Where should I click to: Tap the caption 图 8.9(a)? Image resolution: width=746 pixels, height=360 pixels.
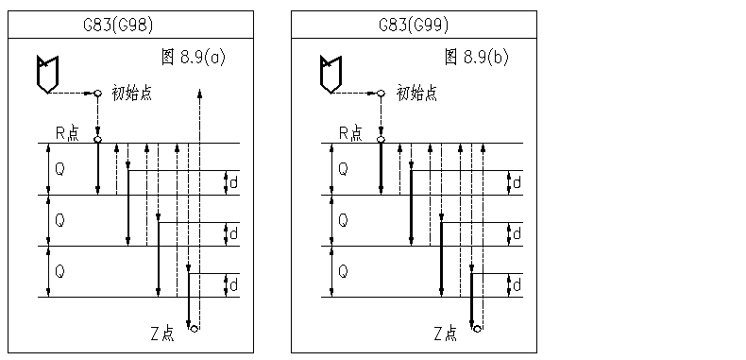(x=195, y=59)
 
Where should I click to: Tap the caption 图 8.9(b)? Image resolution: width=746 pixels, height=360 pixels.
(x=477, y=59)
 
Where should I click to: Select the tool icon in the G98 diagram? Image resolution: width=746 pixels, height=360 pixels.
(x=46, y=74)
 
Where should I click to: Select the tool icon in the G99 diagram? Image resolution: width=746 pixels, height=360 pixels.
(x=330, y=74)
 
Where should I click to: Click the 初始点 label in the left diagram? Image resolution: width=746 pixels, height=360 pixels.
(x=132, y=93)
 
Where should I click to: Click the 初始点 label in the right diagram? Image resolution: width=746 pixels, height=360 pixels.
(x=415, y=93)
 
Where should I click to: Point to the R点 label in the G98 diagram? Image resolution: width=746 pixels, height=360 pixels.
(x=66, y=133)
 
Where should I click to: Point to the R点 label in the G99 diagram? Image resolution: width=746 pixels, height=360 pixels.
(x=349, y=133)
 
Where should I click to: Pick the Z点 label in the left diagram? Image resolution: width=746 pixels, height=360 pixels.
(x=162, y=333)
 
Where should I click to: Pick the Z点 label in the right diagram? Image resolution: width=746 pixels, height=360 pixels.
(x=446, y=333)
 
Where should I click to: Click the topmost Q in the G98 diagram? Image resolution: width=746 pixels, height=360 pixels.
(x=59, y=170)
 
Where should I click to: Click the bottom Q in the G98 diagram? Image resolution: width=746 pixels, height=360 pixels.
(x=59, y=271)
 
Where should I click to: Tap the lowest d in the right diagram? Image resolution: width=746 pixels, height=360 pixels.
(x=517, y=284)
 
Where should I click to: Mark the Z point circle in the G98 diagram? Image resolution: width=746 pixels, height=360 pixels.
(x=194, y=329)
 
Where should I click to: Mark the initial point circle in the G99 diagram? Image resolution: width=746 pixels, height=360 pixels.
(x=381, y=93)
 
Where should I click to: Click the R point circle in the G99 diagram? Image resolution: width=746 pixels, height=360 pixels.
(x=381, y=140)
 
